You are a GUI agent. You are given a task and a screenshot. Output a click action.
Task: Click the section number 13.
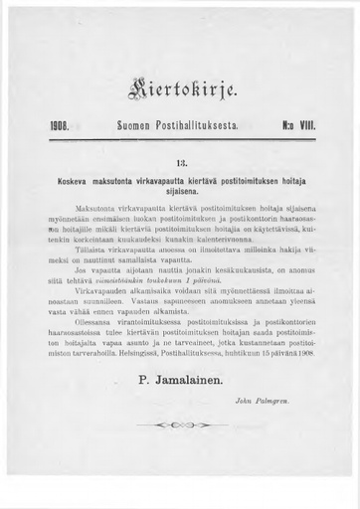coord(179,156)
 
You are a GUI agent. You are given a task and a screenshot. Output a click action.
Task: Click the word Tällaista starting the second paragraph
coord(91,251)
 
